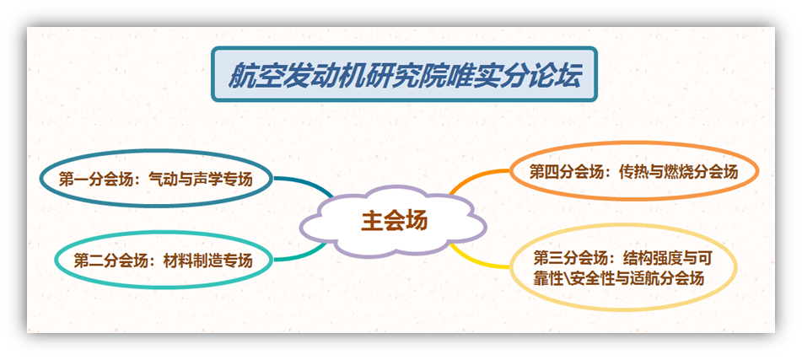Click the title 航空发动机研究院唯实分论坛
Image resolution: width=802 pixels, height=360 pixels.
pos(404,75)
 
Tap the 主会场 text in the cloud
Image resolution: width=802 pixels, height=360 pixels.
pos(394,222)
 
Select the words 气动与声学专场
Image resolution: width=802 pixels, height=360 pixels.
pos(201,180)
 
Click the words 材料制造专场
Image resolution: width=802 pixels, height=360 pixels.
pos(207,261)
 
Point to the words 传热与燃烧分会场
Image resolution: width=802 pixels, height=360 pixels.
pos(678,172)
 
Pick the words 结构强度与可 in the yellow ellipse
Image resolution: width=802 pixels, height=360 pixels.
pos(667,259)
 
